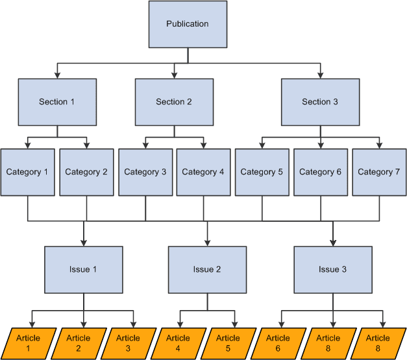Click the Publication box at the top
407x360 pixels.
(x=188, y=24)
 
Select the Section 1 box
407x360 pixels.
(x=57, y=102)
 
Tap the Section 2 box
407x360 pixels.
(x=174, y=102)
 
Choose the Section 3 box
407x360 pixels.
(x=320, y=102)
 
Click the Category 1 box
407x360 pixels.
(x=27, y=172)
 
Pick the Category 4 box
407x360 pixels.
(x=203, y=172)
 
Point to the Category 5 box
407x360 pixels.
(x=262, y=172)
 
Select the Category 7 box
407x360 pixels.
(x=378, y=172)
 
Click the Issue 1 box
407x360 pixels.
(x=83, y=269)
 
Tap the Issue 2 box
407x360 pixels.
(x=208, y=269)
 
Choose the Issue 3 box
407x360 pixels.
(x=333, y=269)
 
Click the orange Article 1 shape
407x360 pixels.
(x=28, y=342)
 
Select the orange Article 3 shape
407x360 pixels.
(x=128, y=342)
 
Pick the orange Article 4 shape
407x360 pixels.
(x=178, y=342)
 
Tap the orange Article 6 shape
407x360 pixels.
(x=278, y=342)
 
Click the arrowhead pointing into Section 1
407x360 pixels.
(x=57, y=75)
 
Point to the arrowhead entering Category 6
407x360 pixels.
(x=320, y=145)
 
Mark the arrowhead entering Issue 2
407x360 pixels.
(x=208, y=243)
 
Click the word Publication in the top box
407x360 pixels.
(x=188, y=24)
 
